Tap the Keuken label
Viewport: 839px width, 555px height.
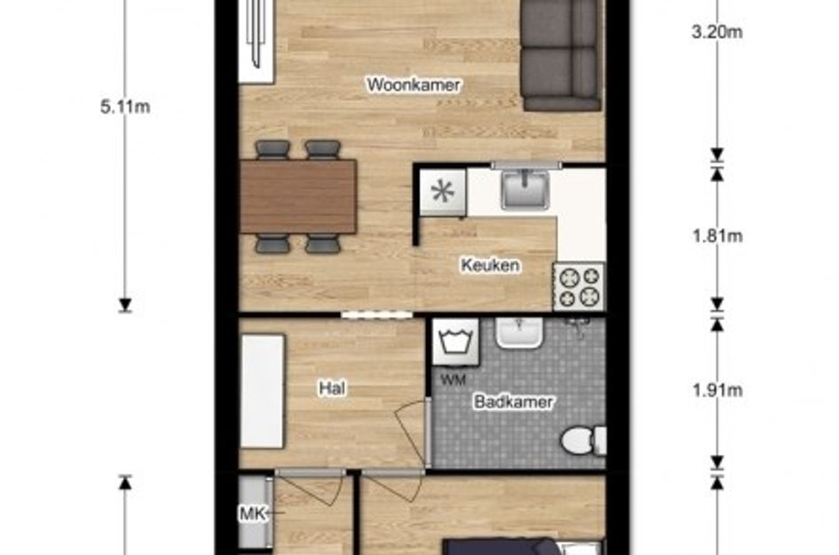489,265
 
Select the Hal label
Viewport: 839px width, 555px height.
331,387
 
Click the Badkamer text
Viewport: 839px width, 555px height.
513,402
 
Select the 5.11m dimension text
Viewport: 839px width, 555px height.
125,108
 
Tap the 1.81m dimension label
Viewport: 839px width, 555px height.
716,235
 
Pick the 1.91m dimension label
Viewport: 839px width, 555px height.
716,390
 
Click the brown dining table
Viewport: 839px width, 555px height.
297,196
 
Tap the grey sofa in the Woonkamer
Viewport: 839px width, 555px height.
560,53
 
